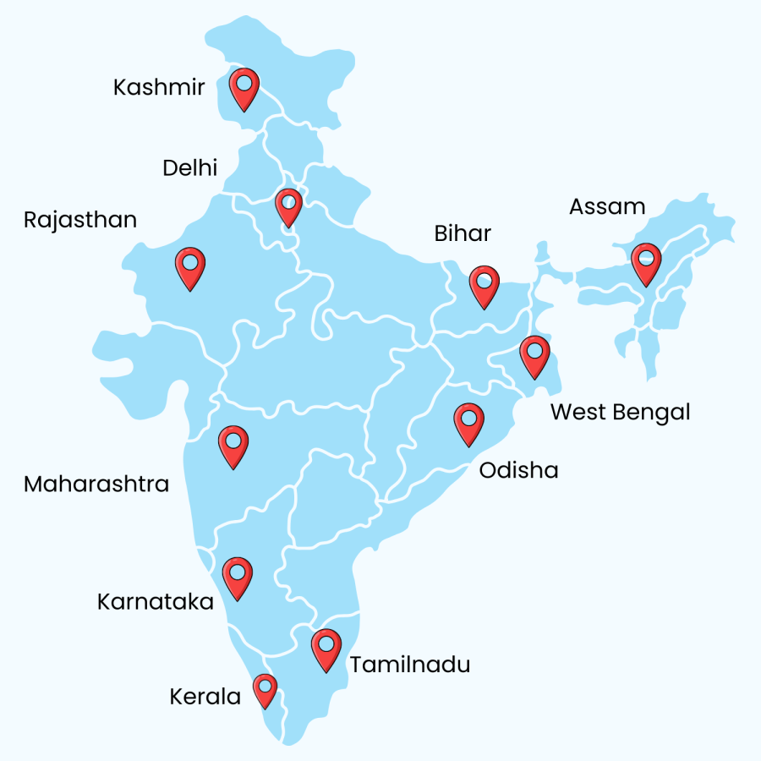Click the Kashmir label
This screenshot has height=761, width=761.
[x=159, y=87]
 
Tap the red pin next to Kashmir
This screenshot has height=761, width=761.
[x=244, y=87]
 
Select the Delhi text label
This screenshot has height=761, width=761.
[x=189, y=167]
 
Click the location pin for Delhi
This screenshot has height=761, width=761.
[x=288, y=205]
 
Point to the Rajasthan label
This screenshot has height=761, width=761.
[x=80, y=220]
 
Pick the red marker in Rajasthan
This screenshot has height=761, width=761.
[x=190, y=266]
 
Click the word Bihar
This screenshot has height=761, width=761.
[x=463, y=233]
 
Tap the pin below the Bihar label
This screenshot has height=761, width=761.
[x=485, y=284]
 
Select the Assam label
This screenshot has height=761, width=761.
[x=607, y=206]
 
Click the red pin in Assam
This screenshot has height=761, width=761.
[x=647, y=261]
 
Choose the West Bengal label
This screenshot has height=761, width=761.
[x=621, y=413]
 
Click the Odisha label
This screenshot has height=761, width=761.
[x=518, y=470]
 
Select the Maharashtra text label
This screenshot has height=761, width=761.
[x=96, y=485]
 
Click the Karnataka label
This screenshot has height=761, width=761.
[x=156, y=602]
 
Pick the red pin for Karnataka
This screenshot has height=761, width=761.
[x=238, y=576]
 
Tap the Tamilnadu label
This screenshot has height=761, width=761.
[x=410, y=665]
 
